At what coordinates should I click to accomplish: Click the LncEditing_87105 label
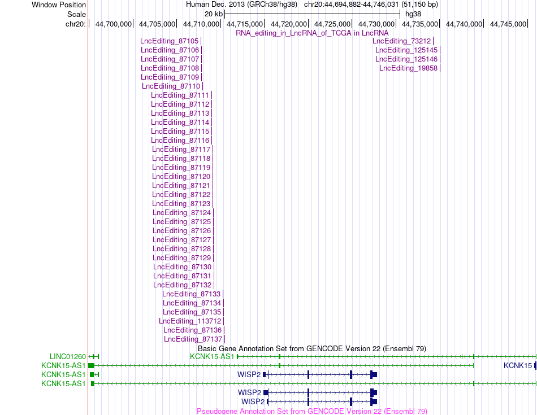(x=169, y=41)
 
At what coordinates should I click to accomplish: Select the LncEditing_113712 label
(x=190, y=321)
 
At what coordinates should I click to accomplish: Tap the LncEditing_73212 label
(x=402, y=41)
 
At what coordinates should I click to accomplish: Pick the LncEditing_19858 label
(x=409, y=68)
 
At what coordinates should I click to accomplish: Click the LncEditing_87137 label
(x=193, y=339)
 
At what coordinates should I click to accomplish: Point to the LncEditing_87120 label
(x=181, y=177)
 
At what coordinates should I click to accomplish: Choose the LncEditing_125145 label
(x=406, y=50)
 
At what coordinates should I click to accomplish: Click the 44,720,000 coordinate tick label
(x=289, y=24)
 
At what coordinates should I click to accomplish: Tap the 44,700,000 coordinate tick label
(x=114, y=24)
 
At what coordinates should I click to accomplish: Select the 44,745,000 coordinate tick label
(x=508, y=24)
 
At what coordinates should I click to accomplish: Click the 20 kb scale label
(x=213, y=14)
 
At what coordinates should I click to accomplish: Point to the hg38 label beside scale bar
(x=413, y=14)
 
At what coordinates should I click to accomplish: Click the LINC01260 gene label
(x=68, y=357)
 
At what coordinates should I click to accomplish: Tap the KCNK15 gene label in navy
(x=518, y=366)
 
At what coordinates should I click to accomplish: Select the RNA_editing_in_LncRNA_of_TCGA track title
(x=312, y=33)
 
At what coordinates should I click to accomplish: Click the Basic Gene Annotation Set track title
(x=312, y=348)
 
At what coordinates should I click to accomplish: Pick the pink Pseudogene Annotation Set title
(x=312, y=411)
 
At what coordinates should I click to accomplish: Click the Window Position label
(x=59, y=5)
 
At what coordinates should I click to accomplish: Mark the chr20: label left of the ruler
(x=76, y=24)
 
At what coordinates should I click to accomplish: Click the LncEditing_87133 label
(x=192, y=294)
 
